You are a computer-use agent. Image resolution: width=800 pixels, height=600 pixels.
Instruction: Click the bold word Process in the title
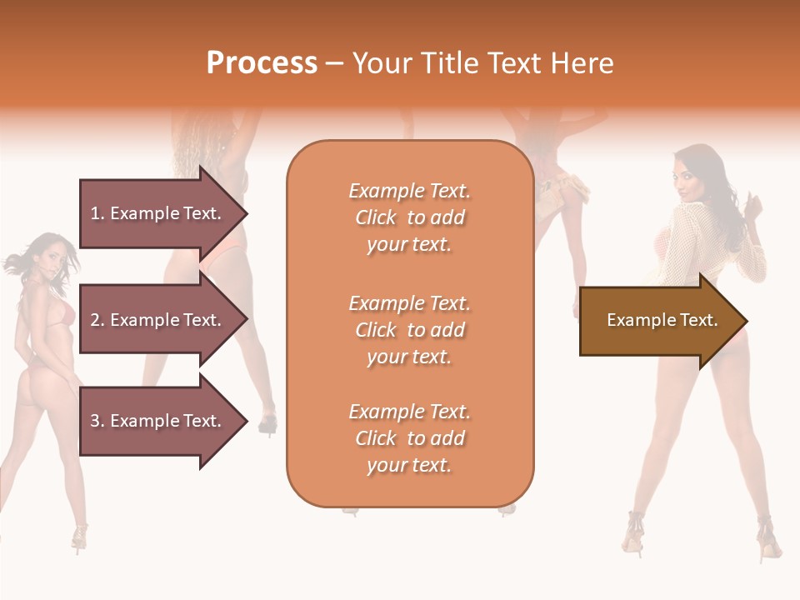tap(262, 63)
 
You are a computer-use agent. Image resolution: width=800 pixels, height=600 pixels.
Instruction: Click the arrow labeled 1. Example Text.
tap(158, 213)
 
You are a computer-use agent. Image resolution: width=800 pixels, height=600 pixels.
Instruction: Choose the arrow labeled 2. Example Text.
tap(158, 320)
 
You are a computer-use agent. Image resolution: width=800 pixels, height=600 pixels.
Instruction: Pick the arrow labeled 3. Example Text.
tap(158, 421)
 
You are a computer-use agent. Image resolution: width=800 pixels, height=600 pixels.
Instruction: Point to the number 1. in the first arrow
tap(97, 213)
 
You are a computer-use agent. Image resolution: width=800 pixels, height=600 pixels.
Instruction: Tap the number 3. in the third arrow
tap(97, 421)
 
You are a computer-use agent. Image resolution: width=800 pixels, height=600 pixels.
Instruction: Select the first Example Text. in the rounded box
tap(409, 191)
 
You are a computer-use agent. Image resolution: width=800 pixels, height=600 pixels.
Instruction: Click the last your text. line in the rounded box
tap(409, 465)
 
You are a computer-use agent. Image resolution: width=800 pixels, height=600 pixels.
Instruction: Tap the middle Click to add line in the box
tap(409, 330)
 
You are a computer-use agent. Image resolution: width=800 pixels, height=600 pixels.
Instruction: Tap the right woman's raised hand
tap(755, 205)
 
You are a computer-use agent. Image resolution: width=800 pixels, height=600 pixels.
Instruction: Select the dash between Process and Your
tap(334, 63)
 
